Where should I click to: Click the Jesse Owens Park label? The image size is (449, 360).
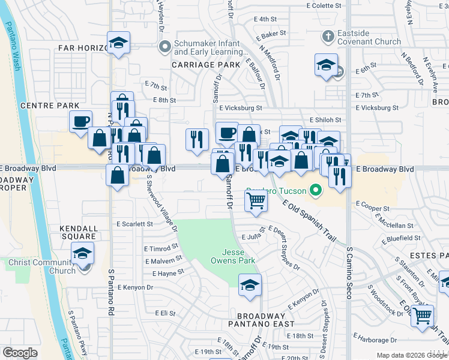(233, 256)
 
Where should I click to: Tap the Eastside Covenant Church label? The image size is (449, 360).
(369, 38)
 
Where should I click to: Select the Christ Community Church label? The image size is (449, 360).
(42, 266)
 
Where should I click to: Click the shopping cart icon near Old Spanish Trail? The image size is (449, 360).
(256, 200)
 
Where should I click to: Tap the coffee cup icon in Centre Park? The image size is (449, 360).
(80, 122)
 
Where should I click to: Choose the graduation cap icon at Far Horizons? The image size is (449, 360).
(119, 43)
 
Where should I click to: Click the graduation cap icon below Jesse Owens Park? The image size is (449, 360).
(250, 286)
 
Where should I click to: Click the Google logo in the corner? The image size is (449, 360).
(20, 353)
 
